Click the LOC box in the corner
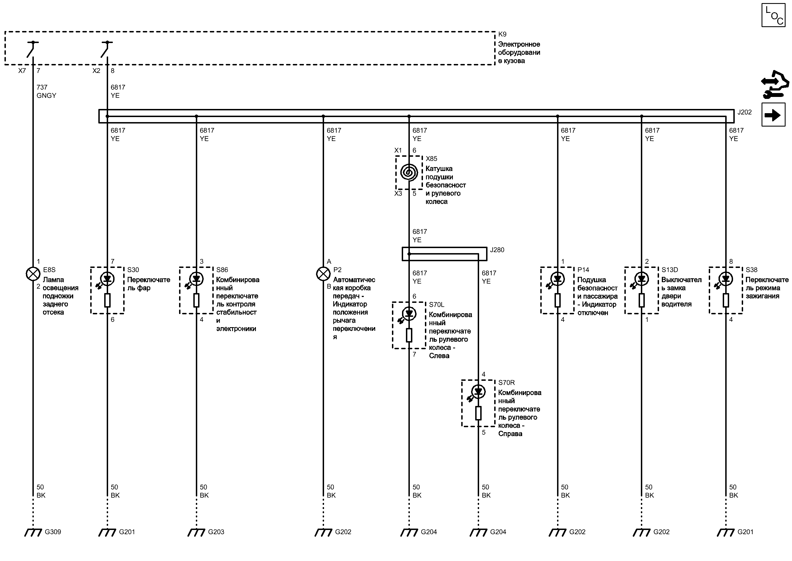(x=773, y=15)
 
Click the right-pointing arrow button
(x=773, y=115)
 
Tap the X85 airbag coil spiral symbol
(x=409, y=172)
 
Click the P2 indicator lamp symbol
(x=323, y=274)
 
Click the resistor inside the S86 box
(x=196, y=300)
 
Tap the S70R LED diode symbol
(x=478, y=391)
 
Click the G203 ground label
(x=216, y=532)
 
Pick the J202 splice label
(x=744, y=112)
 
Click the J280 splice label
(x=497, y=250)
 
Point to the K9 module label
(x=502, y=34)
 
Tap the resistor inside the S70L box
(x=409, y=335)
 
